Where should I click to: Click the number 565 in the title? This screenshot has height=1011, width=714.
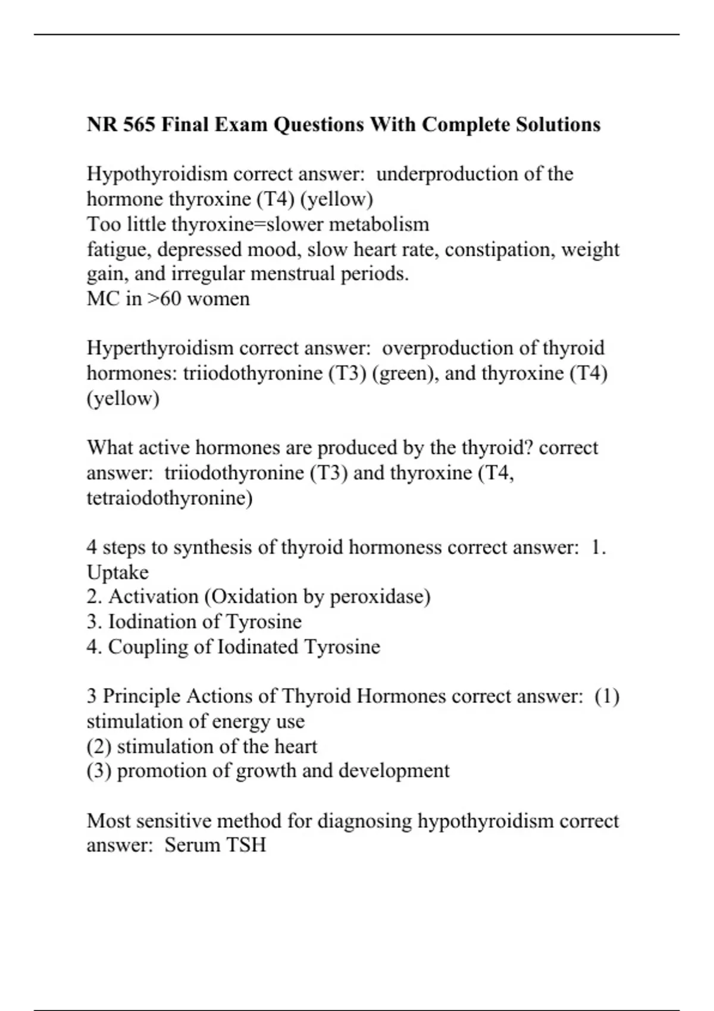[138, 125]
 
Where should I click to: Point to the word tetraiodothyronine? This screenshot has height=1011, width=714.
[170, 498]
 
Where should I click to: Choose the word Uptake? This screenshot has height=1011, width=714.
[118, 572]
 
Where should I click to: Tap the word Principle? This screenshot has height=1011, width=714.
[142, 696]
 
